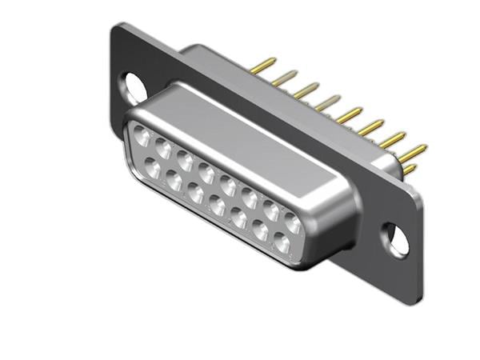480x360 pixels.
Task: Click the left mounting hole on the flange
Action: (x=134, y=86)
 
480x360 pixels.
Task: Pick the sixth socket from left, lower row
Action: (x=260, y=230)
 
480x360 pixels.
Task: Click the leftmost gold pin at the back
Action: (x=264, y=65)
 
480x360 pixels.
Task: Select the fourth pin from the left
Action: (x=327, y=102)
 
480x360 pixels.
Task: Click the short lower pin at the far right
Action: (x=409, y=169)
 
